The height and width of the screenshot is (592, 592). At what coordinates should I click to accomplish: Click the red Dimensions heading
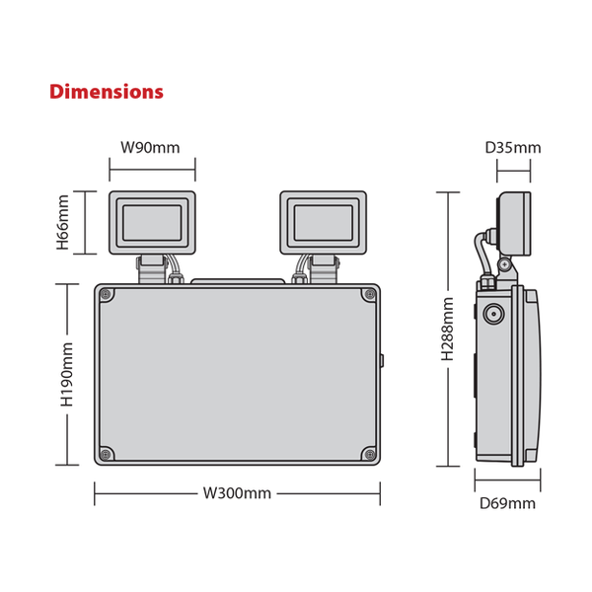tap(107, 92)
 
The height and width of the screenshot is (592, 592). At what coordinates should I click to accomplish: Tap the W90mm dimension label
tap(150, 148)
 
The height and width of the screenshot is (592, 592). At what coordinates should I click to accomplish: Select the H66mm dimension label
tap(63, 222)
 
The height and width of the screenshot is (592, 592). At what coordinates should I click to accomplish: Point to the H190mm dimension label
tap(67, 375)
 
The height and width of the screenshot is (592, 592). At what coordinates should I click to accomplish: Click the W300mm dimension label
tap(237, 493)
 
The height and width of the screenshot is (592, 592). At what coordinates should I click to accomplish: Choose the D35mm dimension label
tap(513, 148)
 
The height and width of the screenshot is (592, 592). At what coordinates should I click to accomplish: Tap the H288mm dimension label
tap(448, 329)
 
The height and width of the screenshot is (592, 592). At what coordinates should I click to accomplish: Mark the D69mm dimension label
tap(507, 503)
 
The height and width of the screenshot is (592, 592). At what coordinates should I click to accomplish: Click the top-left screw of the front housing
tap(107, 294)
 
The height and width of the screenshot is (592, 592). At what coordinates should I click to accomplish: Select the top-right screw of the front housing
tap(369, 294)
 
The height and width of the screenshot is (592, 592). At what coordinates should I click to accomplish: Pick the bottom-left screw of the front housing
tap(107, 454)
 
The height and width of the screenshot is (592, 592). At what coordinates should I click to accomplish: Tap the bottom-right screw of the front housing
tap(369, 454)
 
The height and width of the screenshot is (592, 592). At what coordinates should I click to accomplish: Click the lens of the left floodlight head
tap(152, 223)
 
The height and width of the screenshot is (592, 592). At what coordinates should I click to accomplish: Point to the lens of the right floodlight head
tap(324, 223)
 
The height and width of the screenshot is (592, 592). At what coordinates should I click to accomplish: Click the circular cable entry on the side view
tap(494, 314)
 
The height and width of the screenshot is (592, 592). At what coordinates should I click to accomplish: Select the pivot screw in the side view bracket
tap(505, 265)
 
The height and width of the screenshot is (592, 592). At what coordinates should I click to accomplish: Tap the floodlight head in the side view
tap(514, 224)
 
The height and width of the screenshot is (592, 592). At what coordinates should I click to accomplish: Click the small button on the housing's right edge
tap(382, 360)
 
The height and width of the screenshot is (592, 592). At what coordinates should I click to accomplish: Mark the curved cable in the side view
tap(479, 253)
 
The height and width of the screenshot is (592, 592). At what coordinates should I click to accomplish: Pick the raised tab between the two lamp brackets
tap(238, 281)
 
